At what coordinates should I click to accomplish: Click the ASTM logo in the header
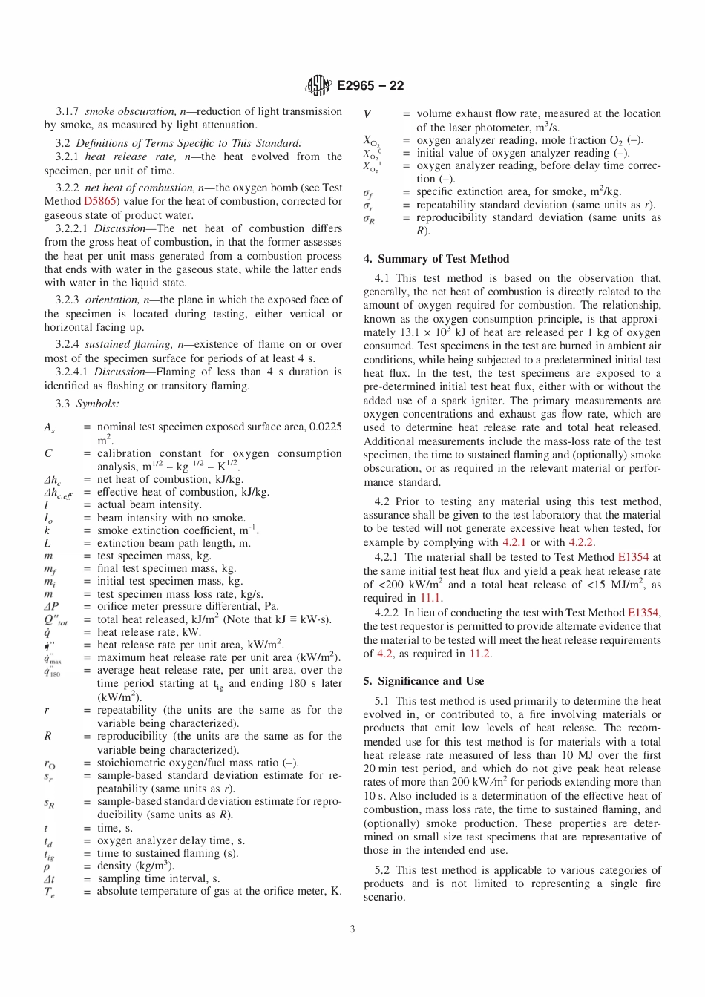pyautogui.click(x=318, y=86)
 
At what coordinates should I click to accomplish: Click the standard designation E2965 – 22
pyautogui.click(x=370, y=86)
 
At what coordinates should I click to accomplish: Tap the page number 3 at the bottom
pyautogui.click(x=352, y=929)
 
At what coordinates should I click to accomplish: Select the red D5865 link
pyautogui.click(x=99, y=201)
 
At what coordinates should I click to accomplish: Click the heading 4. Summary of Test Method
pyautogui.click(x=436, y=259)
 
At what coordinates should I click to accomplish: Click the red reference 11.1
pyautogui.click(x=430, y=598)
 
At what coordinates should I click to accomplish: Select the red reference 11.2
pyautogui.click(x=479, y=654)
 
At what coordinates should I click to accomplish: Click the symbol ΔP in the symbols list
pyautogui.click(x=50, y=606)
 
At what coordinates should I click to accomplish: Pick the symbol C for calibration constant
pyautogui.click(x=48, y=453)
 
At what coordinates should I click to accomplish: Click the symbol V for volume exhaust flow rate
pyautogui.click(x=367, y=114)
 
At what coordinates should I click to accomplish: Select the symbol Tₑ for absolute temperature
pyautogui.click(x=49, y=892)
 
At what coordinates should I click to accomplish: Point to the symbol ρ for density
pyautogui.click(x=47, y=866)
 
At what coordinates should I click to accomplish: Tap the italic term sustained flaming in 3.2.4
pyautogui.click(x=128, y=344)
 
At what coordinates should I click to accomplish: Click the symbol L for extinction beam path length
pyautogui.click(x=47, y=543)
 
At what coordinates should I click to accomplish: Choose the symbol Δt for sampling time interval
pyautogui.click(x=49, y=879)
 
